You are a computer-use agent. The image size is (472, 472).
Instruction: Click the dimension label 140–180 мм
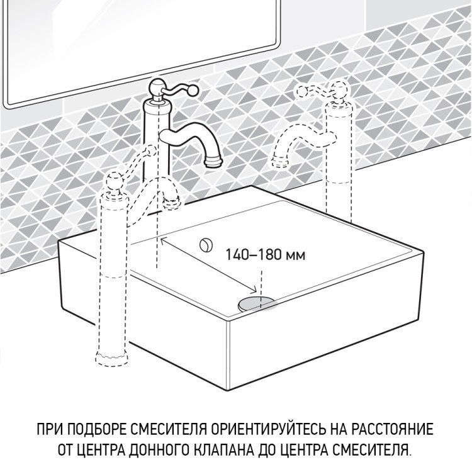pos(266,256)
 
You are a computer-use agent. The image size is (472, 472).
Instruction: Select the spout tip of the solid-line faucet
pos(214,163)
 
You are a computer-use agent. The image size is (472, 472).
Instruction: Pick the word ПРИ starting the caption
pos(50,430)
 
